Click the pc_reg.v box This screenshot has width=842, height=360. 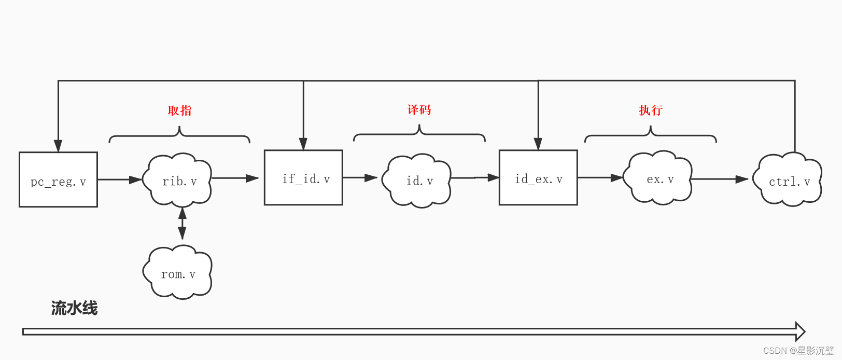(x=58, y=179)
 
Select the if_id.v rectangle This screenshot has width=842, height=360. (x=303, y=177)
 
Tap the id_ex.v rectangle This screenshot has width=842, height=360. (x=538, y=177)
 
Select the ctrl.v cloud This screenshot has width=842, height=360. (x=788, y=180)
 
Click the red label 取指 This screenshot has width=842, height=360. (x=179, y=110)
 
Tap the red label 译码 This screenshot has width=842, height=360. (x=419, y=109)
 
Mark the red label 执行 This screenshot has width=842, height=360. (x=650, y=110)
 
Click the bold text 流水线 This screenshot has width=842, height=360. (x=74, y=308)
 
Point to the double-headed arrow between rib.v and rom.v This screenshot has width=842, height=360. (x=182, y=224)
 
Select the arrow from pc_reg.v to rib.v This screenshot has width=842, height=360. (x=120, y=179)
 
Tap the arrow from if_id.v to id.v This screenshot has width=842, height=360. (x=360, y=177)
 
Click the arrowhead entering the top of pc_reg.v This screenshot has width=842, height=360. (x=58, y=146)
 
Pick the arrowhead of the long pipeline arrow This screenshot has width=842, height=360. (x=800, y=331)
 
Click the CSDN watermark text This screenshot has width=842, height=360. (x=798, y=351)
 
